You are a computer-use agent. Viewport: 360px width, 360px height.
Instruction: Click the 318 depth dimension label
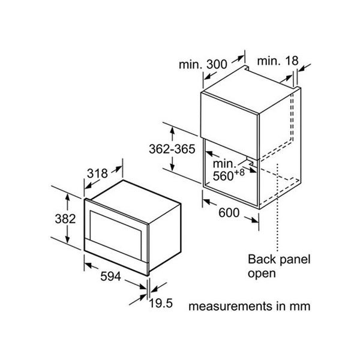click(x=97, y=173)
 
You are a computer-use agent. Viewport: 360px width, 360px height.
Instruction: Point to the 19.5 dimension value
click(x=160, y=304)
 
